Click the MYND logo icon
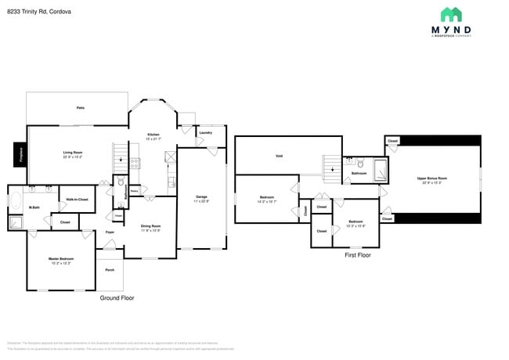click(450, 14)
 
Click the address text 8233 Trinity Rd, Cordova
click(38, 11)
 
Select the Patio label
click(80, 107)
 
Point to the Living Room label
click(73, 154)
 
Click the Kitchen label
click(153, 136)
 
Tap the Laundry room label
click(206, 133)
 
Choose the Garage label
click(201, 199)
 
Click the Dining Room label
click(150, 228)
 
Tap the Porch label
click(110, 270)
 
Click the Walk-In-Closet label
click(77, 200)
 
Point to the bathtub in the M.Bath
click(16, 200)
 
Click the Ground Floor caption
click(117, 298)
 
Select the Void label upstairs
click(279, 156)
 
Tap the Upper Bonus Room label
click(432, 180)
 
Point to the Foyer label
click(110, 232)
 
